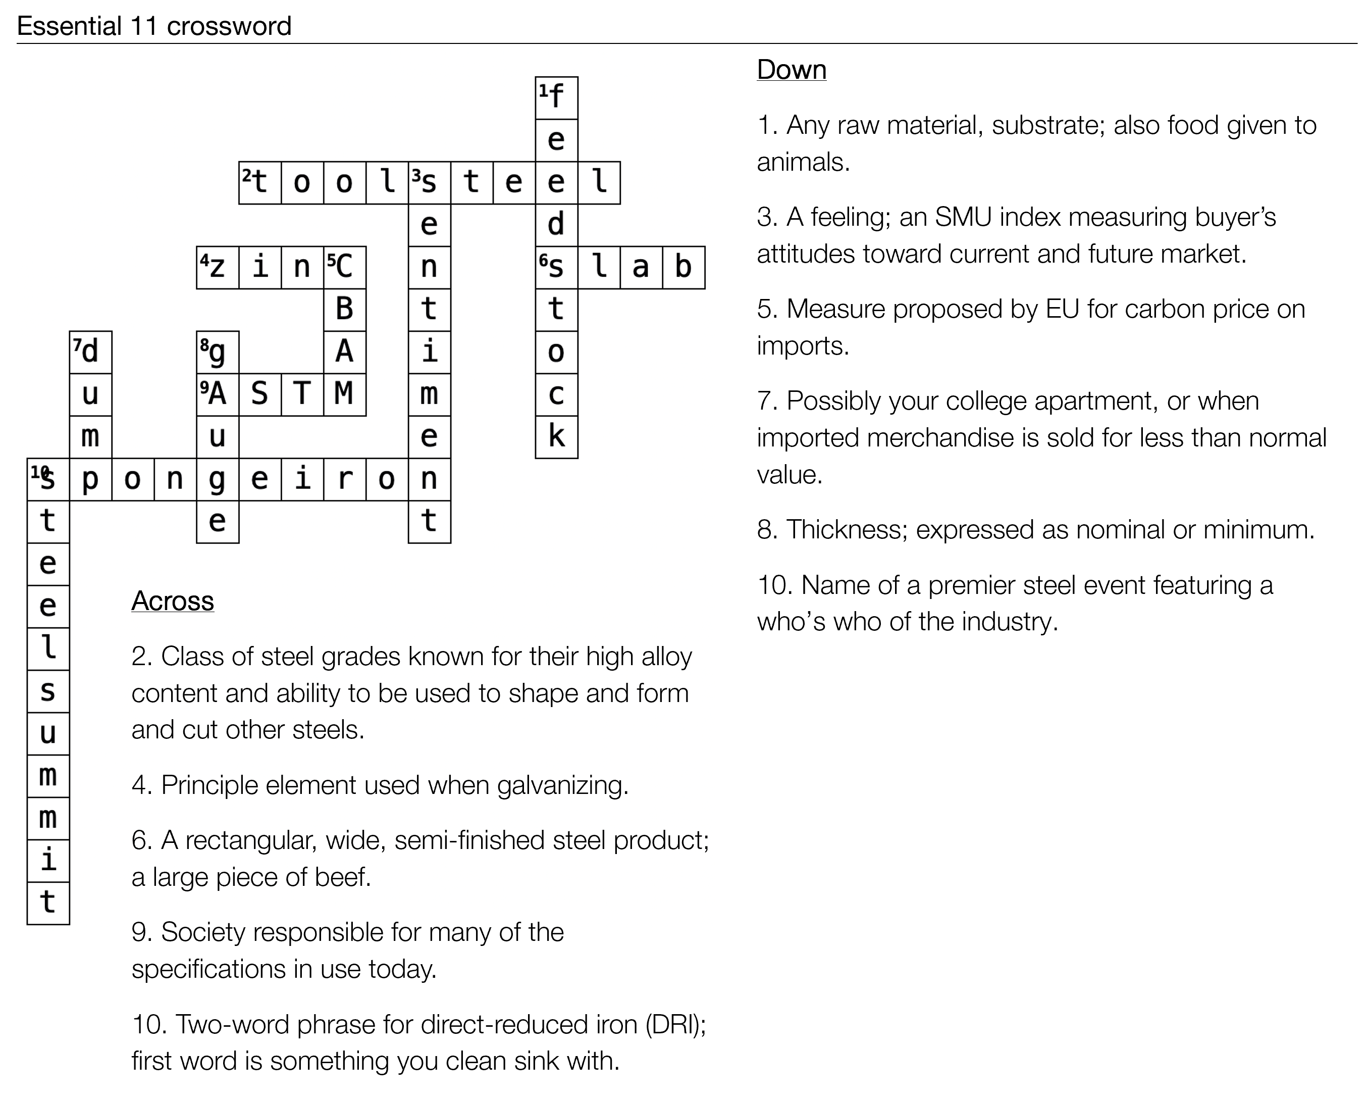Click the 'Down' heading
point(792,70)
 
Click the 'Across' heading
point(172,601)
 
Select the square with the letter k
point(556,437)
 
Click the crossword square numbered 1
point(556,97)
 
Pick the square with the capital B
point(345,310)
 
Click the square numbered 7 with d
point(90,352)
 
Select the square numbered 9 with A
point(217,394)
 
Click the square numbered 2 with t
point(260,183)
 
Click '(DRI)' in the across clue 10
point(675,1025)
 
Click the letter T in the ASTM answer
point(302,394)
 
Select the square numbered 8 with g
point(217,352)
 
